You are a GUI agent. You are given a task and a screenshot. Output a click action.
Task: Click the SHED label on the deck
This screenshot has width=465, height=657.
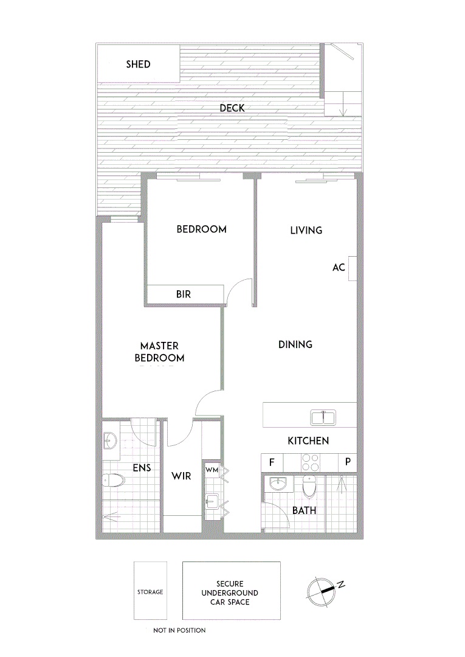pyautogui.click(x=138, y=64)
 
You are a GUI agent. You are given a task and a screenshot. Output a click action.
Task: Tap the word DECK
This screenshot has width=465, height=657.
pyautogui.click(x=232, y=108)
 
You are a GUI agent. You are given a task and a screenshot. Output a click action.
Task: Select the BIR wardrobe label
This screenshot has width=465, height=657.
pyautogui.click(x=184, y=294)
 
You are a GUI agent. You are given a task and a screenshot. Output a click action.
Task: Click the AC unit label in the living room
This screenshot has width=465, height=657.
pyautogui.click(x=339, y=267)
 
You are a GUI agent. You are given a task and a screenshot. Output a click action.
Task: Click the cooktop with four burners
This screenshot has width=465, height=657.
pyautogui.click(x=311, y=463)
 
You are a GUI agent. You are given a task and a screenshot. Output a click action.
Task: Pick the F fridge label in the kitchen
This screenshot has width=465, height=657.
pyautogui.click(x=272, y=462)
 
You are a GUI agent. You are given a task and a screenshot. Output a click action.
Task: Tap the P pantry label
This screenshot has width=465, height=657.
pyautogui.click(x=348, y=462)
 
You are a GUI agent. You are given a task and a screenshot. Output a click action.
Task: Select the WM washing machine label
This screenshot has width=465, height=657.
pyautogui.click(x=211, y=469)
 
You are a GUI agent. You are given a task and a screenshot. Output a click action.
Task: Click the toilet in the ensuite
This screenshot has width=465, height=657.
pyautogui.click(x=113, y=481)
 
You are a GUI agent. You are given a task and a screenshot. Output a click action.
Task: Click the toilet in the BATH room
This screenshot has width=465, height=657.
pyautogui.click(x=309, y=485)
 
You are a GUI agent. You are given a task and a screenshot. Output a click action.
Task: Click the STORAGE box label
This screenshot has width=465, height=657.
pyautogui.click(x=150, y=592)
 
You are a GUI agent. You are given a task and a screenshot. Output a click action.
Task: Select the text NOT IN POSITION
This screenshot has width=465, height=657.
pyautogui.click(x=179, y=630)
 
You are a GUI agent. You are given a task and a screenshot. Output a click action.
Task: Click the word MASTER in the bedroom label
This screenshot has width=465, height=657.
pyautogui.click(x=159, y=346)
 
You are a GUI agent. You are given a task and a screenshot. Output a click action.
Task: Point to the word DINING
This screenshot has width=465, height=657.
pyautogui.click(x=295, y=344)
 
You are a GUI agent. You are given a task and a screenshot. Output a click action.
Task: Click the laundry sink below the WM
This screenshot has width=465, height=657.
pyautogui.click(x=212, y=502)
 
